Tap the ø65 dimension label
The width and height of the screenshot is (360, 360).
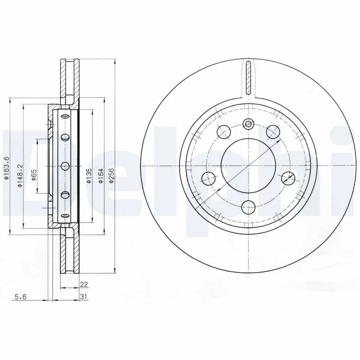point(34,174)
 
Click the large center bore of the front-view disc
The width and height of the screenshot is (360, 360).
point(248,166)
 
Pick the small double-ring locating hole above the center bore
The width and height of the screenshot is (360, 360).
point(248,124)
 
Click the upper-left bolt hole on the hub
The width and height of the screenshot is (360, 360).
point(224,132)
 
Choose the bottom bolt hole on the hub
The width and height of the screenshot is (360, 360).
point(248,207)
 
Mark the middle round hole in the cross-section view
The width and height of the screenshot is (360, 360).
point(65,166)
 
